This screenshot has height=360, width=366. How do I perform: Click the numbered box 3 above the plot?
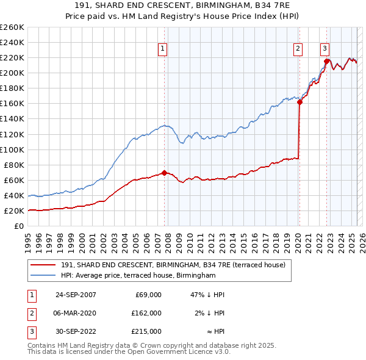click(325, 49)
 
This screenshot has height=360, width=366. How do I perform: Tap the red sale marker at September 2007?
click(165, 173)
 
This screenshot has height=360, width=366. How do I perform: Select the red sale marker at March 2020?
click(300, 102)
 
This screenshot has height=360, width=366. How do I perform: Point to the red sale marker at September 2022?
click(327, 61)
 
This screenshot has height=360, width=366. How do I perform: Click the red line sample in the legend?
click(43, 265)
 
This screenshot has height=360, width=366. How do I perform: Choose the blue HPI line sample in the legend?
click(43, 276)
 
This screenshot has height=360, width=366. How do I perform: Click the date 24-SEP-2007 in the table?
click(76, 295)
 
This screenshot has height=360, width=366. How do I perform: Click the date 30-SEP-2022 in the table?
click(76, 331)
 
